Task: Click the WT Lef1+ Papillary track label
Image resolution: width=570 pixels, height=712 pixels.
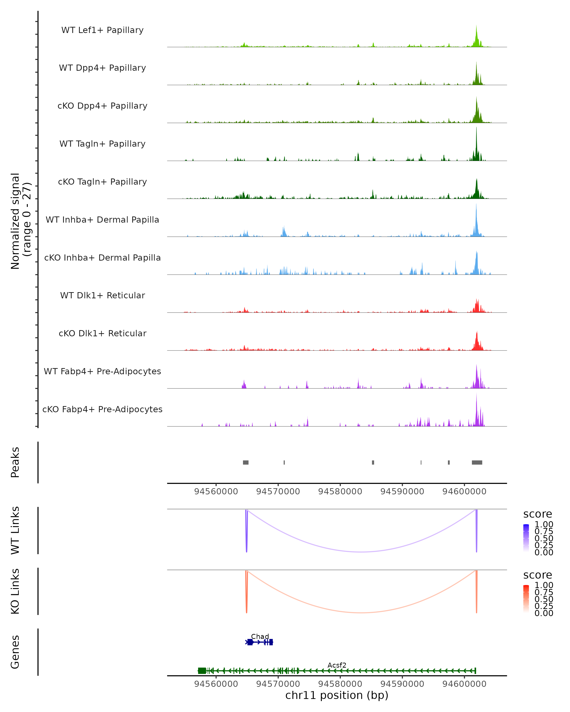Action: point(102,30)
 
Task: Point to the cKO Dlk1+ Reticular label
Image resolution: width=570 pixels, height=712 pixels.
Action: point(102,333)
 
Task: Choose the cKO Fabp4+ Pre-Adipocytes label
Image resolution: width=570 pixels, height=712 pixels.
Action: point(102,409)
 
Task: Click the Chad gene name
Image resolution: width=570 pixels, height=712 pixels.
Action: point(260,636)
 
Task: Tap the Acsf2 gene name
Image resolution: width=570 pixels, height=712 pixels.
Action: point(337,665)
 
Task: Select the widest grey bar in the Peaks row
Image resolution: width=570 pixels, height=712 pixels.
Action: point(477,462)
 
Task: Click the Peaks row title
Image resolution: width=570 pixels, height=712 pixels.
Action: point(15,462)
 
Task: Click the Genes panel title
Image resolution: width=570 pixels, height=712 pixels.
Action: point(15,652)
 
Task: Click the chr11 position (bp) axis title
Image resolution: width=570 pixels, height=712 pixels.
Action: point(337,695)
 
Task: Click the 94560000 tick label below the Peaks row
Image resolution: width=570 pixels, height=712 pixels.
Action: point(216,492)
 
